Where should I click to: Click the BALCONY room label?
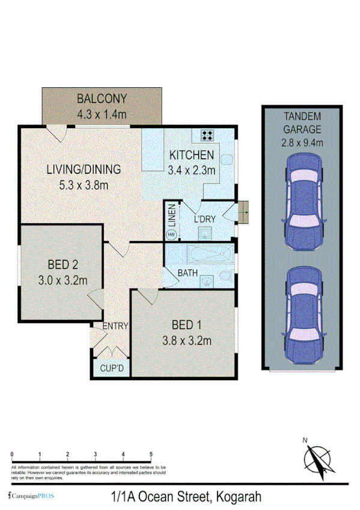point(102,99)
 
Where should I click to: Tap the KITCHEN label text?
point(191,154)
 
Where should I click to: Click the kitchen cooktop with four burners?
point(208,135)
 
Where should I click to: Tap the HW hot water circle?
point(171,234)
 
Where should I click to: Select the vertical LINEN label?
point(171,215)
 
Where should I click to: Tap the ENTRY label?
point(115,326)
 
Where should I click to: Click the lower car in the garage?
point(303,314)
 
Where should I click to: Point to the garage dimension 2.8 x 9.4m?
point(302,143)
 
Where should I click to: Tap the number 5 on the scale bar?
point(151,454)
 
